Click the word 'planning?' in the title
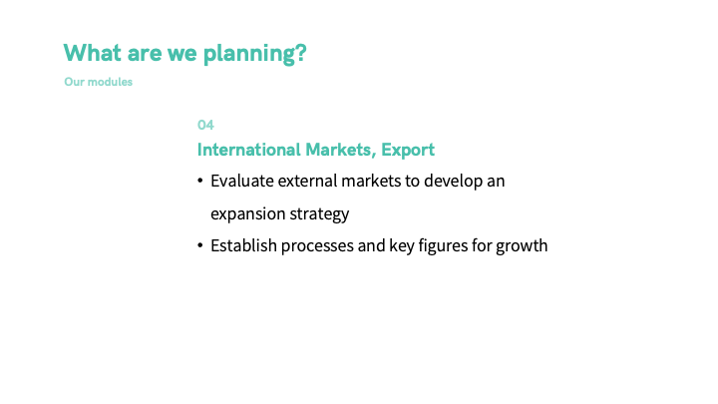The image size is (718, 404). point(254,54)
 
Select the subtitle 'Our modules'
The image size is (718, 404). point(98,82)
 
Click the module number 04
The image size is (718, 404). point(205,125)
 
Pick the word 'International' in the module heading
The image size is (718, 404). point(248,150)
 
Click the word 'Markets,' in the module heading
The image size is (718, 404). point(341,151)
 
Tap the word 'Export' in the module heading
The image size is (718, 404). point(408,151)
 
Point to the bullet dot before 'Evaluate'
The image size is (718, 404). point(200,181)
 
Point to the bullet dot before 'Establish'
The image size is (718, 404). point(200,245)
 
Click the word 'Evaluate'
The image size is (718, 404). point(241,181)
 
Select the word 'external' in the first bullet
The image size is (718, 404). point(307,181)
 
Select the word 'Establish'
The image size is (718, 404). point(243,245)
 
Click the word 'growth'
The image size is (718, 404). point(522,246)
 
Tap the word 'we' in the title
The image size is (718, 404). point(182,54)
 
